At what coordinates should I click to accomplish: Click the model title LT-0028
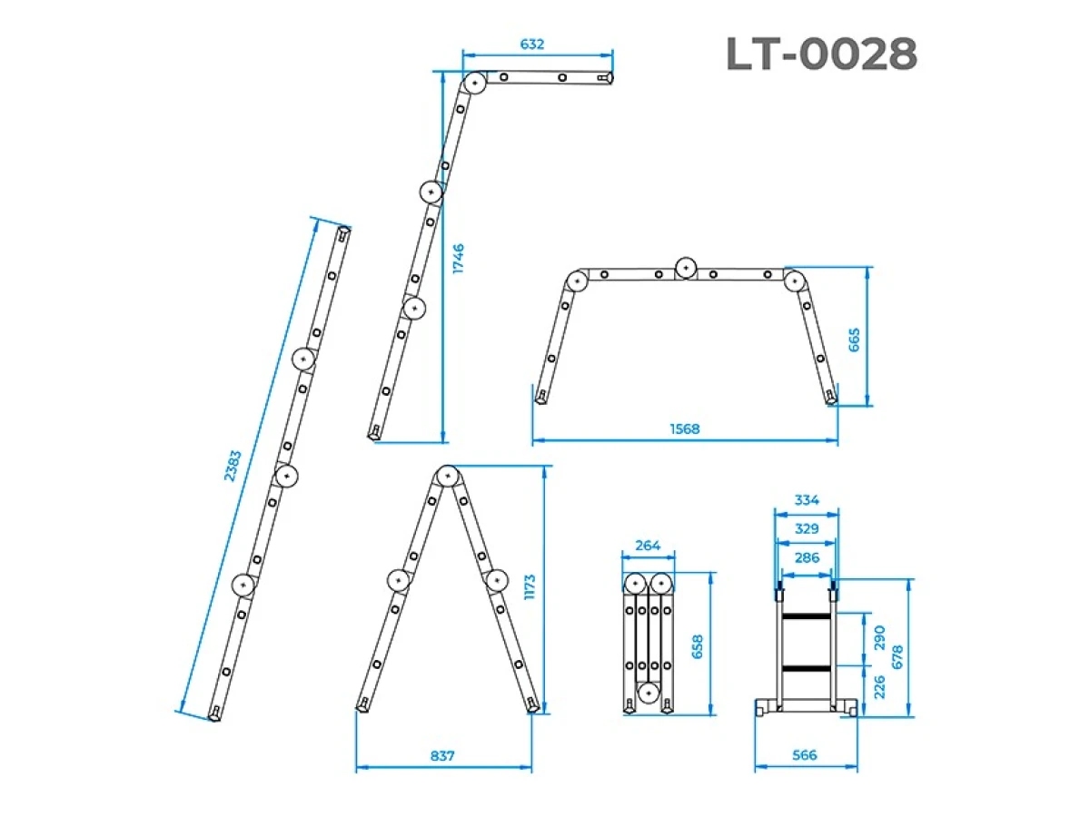tap(821, 54)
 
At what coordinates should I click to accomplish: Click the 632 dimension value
tap(532, 44)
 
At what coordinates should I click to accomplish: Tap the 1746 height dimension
tap(459, 258)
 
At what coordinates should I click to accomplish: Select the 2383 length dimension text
tap(233, 466)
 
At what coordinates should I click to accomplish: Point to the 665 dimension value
tap(854, 340)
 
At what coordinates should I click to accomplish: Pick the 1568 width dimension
tap(684, 428)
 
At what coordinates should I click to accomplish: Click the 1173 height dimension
tap(530, 587)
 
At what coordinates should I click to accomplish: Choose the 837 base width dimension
tap(442, 755)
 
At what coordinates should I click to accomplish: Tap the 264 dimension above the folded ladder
tap(648, 546)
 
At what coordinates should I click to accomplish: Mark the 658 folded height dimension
tap(698, 646)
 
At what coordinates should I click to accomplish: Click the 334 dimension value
tap(807, 499)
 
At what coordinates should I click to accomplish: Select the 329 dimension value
tap(807, 528)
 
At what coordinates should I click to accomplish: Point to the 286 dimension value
tap(807, 557)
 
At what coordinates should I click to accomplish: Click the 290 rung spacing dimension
tap(879, 637)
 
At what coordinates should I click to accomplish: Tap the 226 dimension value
tap(879, 686)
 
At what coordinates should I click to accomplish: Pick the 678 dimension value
tap(897, 656)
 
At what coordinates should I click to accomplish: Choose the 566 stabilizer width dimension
tap(805, 755)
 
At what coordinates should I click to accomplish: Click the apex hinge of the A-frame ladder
tap(448, 477)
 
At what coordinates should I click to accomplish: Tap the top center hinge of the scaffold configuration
tap(686, 268)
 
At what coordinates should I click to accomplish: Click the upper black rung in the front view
tap(806, 616)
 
